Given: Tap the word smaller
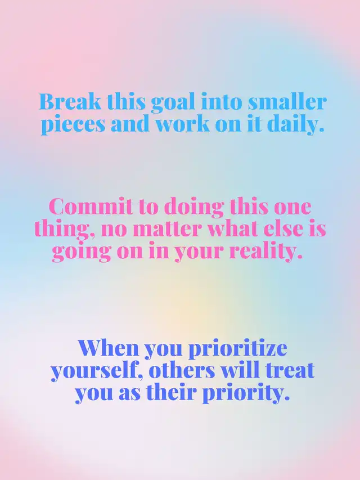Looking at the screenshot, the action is click(x=287, y=101).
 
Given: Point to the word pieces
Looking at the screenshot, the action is click(x=73, y=124).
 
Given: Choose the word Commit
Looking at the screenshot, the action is click(x=91, y=207).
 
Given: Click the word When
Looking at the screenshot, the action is click(x=109, y=348).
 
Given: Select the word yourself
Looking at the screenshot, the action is click(x=98, y=371).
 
